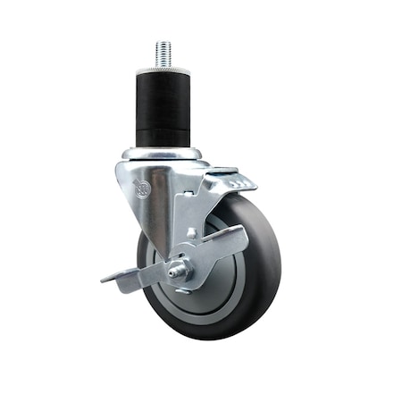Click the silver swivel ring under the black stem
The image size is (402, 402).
(163, 154)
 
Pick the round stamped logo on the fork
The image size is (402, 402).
(140, 188)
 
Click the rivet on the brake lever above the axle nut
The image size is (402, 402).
(191, 234)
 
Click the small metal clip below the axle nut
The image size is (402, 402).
(181, 290)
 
